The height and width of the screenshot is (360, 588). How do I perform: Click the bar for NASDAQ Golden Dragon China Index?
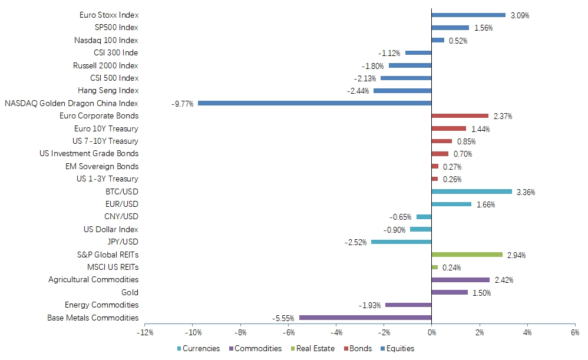(315, 103)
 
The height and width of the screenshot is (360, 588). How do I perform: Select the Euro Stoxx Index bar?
(468, 15)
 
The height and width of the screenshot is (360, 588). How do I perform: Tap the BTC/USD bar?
(471, 191)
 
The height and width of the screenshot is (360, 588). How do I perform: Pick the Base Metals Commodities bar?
(365, 318)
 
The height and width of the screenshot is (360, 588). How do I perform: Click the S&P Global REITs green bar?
(467, 255)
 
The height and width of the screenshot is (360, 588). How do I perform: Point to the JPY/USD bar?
(401, 242)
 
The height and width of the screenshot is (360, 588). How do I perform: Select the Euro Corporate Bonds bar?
(460, 115)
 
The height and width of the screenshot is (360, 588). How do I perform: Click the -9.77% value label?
(183, 104)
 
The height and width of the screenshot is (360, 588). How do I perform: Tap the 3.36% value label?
(526, 192)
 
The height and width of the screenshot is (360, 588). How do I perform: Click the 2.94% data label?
(516, 255)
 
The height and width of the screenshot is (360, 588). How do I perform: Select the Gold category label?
(128, 292)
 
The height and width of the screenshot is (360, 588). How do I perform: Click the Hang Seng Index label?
(108, 90)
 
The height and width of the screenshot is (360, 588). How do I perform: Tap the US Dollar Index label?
(111, 229)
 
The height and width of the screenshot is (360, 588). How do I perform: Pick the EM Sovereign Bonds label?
(102, 166)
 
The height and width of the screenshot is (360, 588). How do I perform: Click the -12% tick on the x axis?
(145, 333)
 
